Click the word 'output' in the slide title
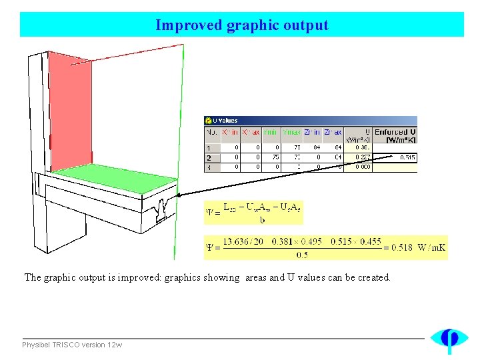pyautogui.click(x=305, y=25)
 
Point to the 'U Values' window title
pyautogui.click(x=225, y=121)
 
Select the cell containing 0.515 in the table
pyautogui.click(x=407, y=157)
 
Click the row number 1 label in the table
pyautogui.click(x=209, y=148)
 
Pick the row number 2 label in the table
pyautogui.click(x=209, y=157)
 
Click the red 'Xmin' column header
pyautogui.click(x=231, y=132)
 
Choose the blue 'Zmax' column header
pyautogui.click(x=333, y=132)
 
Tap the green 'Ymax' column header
pyautogui.click(x=292, y=132)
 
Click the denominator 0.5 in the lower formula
pyautogui.click(x=302, y=254)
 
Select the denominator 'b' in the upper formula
pyautogui.click(x=262, y=219)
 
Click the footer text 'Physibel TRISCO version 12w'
pyautogui.click(x=72, y=345)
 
